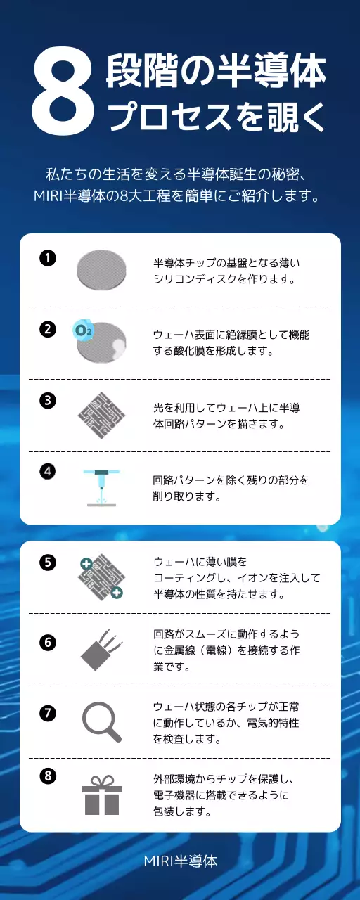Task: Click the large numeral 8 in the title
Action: tap(63, 93)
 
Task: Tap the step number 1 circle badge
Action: tap(48, 257)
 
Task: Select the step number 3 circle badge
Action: tap(48, 400)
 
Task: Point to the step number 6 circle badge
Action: tap(48, 642)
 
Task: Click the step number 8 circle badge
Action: tap(48, 776)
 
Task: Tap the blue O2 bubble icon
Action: tap(83, 329)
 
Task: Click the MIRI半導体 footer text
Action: tap(180, 861)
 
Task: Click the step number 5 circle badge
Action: tap(48, 562)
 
